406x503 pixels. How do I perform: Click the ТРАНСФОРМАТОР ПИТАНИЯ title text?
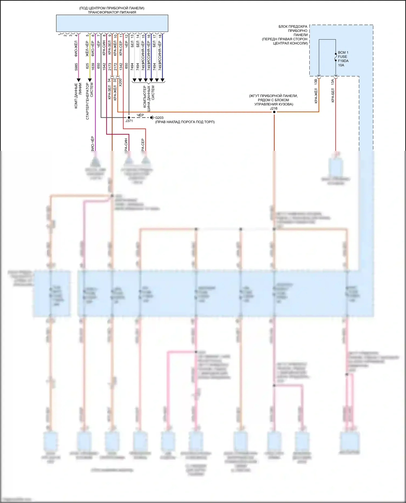coord(112,12)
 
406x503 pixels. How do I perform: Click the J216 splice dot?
coord(274,112)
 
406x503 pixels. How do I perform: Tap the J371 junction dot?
coord(129,118)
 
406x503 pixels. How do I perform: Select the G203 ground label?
coord(159,118)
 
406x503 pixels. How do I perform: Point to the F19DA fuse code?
coord(343,61)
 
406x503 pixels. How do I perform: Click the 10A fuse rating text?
coord(341,65)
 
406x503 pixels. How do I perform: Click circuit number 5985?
coord(76,67)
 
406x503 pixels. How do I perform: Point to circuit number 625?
coord(87,66)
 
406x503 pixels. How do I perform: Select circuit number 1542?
coord(104,67)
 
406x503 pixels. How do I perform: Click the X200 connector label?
coord(121,82)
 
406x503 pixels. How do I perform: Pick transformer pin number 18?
coord(160,36)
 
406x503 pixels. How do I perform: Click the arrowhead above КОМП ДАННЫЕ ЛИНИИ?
coord(79,80)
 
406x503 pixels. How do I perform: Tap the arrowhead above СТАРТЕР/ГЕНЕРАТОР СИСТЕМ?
coord(90,80)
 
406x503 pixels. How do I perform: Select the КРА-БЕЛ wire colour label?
coord(333,95)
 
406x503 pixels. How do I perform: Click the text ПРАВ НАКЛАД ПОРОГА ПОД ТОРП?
coord(185,122)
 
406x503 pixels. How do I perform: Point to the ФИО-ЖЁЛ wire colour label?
coord(76,49)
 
